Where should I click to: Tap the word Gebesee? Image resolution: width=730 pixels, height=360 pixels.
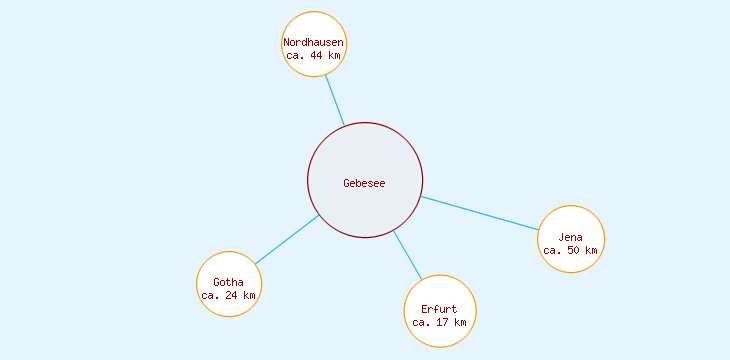[364, 183]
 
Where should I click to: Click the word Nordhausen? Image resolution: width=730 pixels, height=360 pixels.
[314, 43]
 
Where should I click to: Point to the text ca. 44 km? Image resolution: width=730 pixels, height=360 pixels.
[314, 56]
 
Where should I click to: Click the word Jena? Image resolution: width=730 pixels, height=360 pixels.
[571, 237]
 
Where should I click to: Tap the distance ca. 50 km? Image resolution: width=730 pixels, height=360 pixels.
[571, 250]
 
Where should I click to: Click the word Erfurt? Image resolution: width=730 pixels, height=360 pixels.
[440, 309]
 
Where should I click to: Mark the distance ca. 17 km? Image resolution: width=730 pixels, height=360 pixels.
[440, 322]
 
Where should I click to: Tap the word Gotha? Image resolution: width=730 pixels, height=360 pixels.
[229, 282]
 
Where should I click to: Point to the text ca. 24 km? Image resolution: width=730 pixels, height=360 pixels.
[229, 295]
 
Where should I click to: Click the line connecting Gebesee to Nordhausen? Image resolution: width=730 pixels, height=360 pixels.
[335, 100]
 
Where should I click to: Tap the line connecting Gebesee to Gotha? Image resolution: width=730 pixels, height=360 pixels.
[287, 240]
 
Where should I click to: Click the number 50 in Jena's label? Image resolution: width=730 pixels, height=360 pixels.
[574, 250]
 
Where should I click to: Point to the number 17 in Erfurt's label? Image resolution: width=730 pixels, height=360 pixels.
[443, 322]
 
